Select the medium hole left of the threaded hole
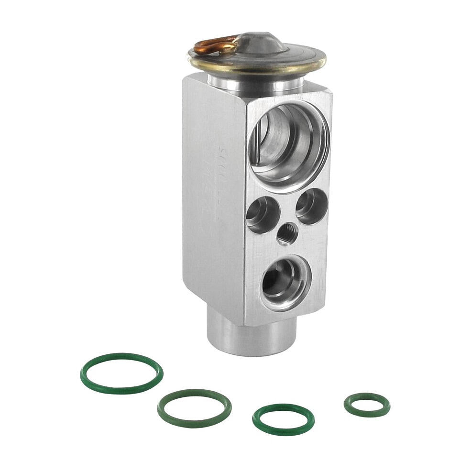(263, 215)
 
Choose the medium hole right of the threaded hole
(312, 206)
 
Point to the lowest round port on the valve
(285, 283)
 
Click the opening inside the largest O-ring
(121, 373)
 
